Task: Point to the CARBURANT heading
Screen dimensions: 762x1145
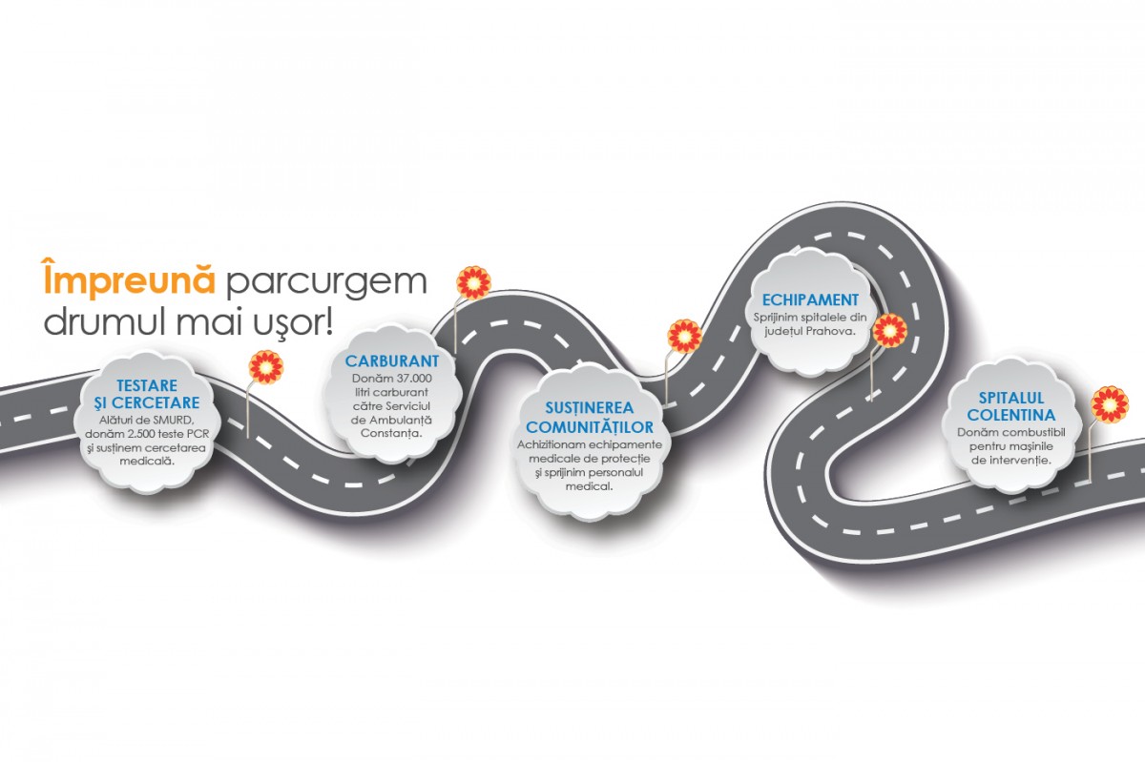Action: tap(392, 362)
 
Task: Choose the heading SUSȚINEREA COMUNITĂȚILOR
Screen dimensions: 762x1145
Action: tap(590, 417)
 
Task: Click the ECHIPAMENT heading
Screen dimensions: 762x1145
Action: tap(810, 300)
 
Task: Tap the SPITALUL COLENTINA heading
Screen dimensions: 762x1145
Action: tap(1010, 406)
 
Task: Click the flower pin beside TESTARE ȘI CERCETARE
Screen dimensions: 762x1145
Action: tap(264, 366)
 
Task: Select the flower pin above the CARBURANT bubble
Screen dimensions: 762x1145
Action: tap(473, 282)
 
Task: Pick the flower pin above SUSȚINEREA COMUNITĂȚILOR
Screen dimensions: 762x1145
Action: tap(684, 336)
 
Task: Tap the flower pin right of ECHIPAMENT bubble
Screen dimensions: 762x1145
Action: tap(889, 330)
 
